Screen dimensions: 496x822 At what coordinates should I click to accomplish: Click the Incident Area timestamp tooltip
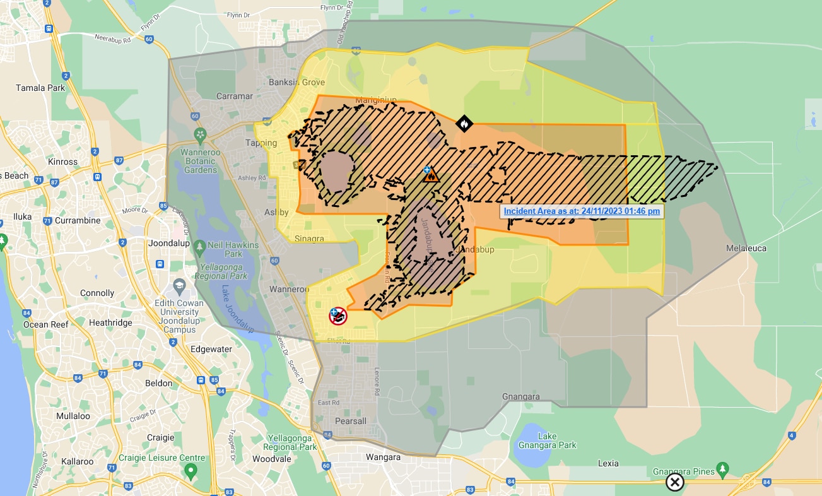[582, 211]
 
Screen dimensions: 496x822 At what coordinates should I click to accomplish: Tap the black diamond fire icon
[464, 124]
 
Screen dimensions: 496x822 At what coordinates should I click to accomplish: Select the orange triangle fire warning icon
[432, 176]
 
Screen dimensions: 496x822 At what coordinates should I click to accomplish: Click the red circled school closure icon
[338, 316]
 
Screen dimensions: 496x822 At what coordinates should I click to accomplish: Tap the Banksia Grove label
[297, 83]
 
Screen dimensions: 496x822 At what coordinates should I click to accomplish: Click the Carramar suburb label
[234, 97]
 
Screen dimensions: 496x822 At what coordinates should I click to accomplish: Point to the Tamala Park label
[40, 88]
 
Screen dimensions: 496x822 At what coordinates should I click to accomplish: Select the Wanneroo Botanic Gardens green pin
[201, 134]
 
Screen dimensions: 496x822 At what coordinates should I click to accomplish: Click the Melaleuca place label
[746, 248]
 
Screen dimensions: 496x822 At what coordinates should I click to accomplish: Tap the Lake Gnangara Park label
[556, 440]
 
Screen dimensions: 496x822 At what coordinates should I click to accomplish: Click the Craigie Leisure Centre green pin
[191, 471]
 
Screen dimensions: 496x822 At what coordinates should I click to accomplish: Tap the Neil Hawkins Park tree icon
[200, 245]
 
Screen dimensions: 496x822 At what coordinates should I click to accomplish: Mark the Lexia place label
[608, 463]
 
